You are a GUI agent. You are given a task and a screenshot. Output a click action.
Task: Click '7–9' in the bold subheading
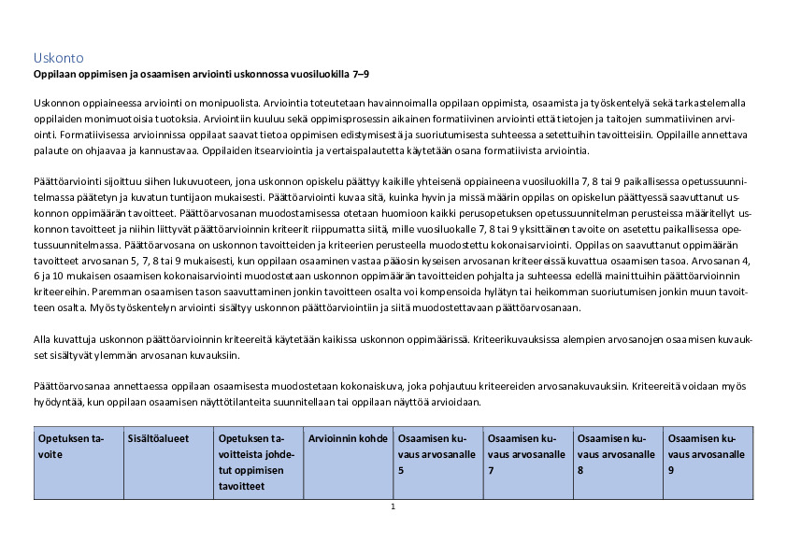click(371, 73)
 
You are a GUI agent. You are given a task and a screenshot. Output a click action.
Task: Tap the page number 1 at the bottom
click(393, 506)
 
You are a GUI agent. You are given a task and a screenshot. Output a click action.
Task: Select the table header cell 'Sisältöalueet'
click(155, 438)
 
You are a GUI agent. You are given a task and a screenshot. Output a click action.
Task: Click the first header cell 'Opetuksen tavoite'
click(74, 446)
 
